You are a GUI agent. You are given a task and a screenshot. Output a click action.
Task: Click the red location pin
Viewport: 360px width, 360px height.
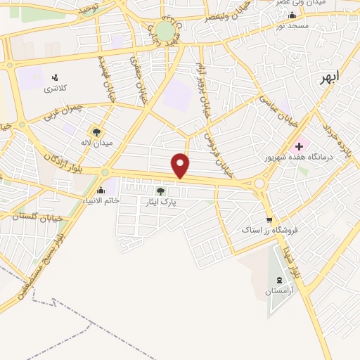181,165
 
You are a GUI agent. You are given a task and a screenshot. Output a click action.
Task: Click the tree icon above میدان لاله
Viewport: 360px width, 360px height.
96,131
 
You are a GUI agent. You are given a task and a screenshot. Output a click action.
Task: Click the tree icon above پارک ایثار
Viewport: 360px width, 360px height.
160,191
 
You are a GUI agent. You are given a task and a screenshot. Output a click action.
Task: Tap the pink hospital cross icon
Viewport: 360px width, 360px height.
300,147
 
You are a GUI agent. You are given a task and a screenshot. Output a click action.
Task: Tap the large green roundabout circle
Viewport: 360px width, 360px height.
163,30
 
